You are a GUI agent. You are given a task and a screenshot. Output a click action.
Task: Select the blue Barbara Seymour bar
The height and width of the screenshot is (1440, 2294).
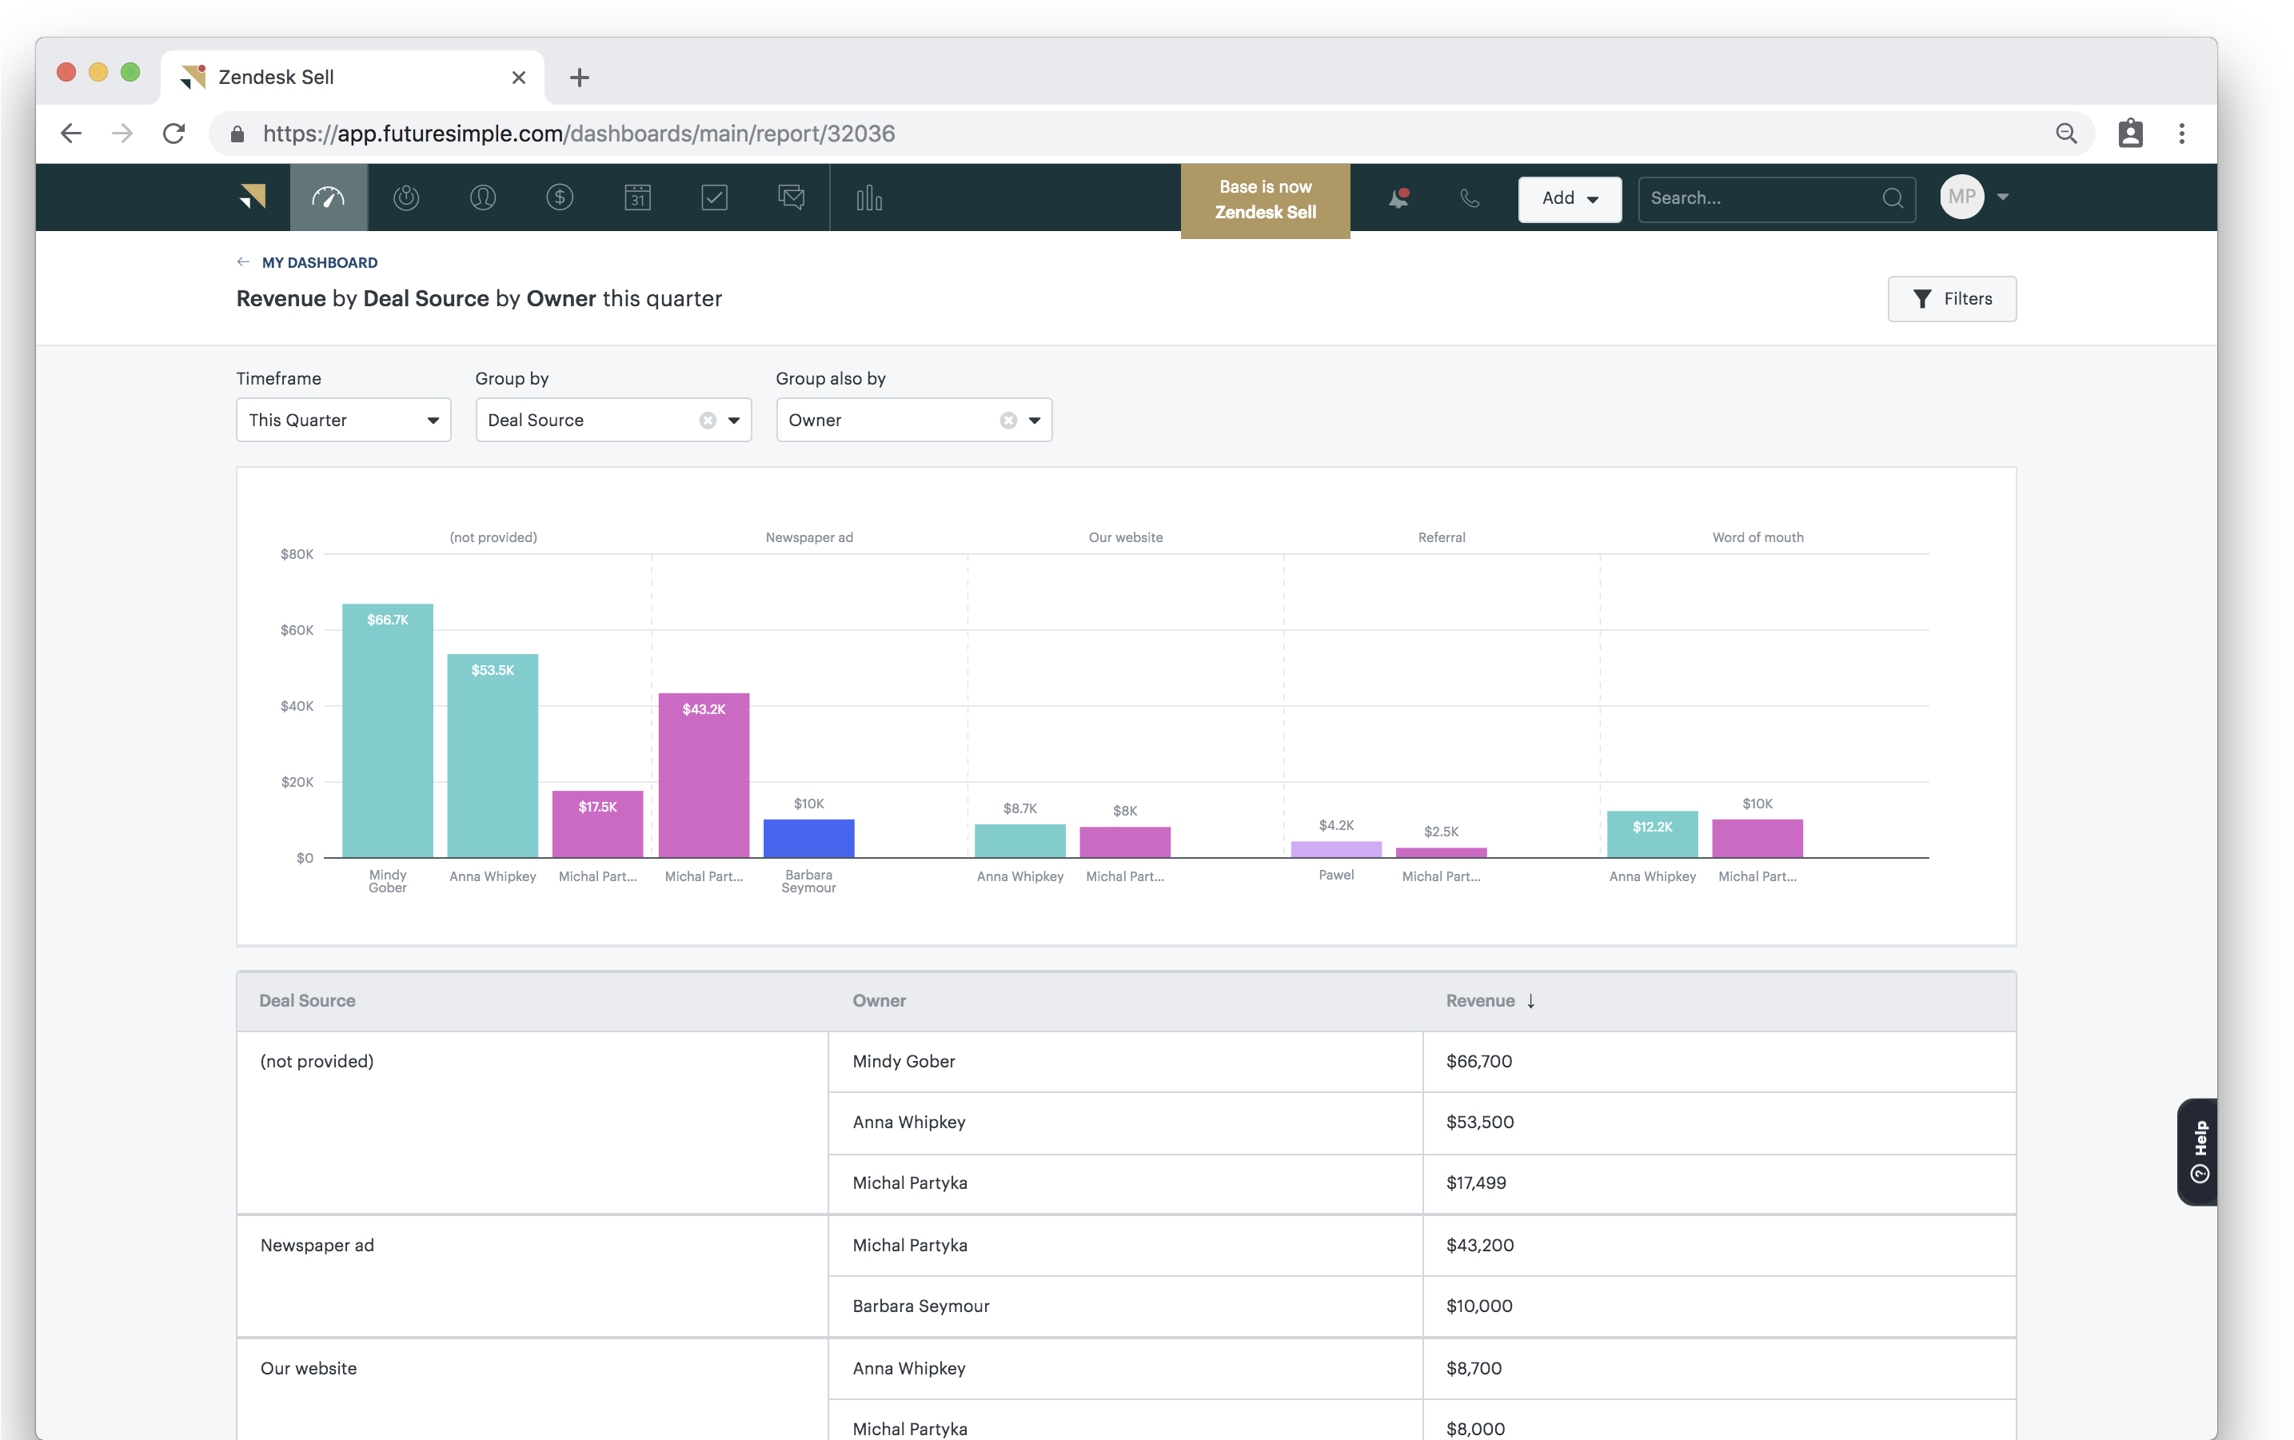(808, 838)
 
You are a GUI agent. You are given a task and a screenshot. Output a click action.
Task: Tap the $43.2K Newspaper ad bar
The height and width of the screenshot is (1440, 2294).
(704, 776)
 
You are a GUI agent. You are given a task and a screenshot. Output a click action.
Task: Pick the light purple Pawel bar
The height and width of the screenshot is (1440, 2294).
(1336, 848)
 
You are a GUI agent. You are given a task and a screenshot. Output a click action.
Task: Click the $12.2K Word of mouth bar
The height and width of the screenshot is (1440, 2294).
(1652, 834)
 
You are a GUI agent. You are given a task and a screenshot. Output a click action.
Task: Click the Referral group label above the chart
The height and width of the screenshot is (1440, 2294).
(1441, 537)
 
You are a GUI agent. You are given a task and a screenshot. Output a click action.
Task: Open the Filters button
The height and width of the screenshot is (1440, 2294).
(1951, 299)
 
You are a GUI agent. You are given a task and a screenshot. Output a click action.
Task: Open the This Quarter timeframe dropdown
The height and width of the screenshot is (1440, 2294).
(343, 420)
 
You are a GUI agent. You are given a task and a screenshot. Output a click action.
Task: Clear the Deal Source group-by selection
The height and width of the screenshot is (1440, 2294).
(708, 420)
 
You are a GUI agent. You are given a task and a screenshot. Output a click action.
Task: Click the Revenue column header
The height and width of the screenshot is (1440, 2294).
(1480, 1000)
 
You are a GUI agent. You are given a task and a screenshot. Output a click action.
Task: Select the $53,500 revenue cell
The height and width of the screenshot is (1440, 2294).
(1480, 1122)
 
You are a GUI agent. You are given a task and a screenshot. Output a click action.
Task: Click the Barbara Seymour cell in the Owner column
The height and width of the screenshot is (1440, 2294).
(921, 1306)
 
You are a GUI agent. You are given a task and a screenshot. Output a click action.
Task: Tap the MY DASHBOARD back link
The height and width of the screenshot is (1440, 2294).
(319, 263)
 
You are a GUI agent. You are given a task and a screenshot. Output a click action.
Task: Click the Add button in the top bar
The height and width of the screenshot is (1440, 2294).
(1568, 198)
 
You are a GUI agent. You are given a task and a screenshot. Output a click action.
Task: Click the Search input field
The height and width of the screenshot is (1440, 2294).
(1761, 198)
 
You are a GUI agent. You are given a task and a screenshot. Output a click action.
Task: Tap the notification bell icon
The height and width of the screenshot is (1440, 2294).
(1398, 198)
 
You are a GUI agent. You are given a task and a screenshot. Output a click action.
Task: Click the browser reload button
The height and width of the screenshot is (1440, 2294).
(174, 134)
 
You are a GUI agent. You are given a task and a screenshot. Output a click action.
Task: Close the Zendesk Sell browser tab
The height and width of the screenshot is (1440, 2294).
(519, 77)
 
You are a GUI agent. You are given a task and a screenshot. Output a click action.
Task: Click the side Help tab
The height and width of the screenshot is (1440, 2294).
(2199, 1151)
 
